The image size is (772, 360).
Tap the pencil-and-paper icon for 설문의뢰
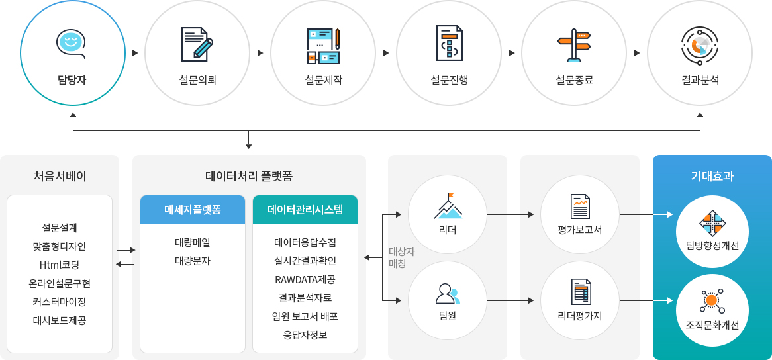click(197, 43)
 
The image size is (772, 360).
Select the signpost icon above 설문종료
click(573, 45)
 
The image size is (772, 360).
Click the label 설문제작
click(322, 80)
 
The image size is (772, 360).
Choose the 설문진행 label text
click(448, 80)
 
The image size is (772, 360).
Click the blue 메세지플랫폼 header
click(193, 210)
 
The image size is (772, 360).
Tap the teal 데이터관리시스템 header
click(305, 210)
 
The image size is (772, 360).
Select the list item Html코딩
click(60, 265)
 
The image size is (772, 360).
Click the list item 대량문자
click(193, 261)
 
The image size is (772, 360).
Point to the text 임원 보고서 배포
click(305, 316)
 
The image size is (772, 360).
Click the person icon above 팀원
click(448, 294)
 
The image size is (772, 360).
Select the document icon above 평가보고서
click(580, 206)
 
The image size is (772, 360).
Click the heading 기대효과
click(712, 176)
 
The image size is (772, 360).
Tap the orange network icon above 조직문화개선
click(712, 300)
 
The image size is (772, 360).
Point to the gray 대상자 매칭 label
click(402, 257)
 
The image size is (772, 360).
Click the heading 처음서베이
click(60, 176)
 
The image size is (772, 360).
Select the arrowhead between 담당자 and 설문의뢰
click(135, 53)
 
